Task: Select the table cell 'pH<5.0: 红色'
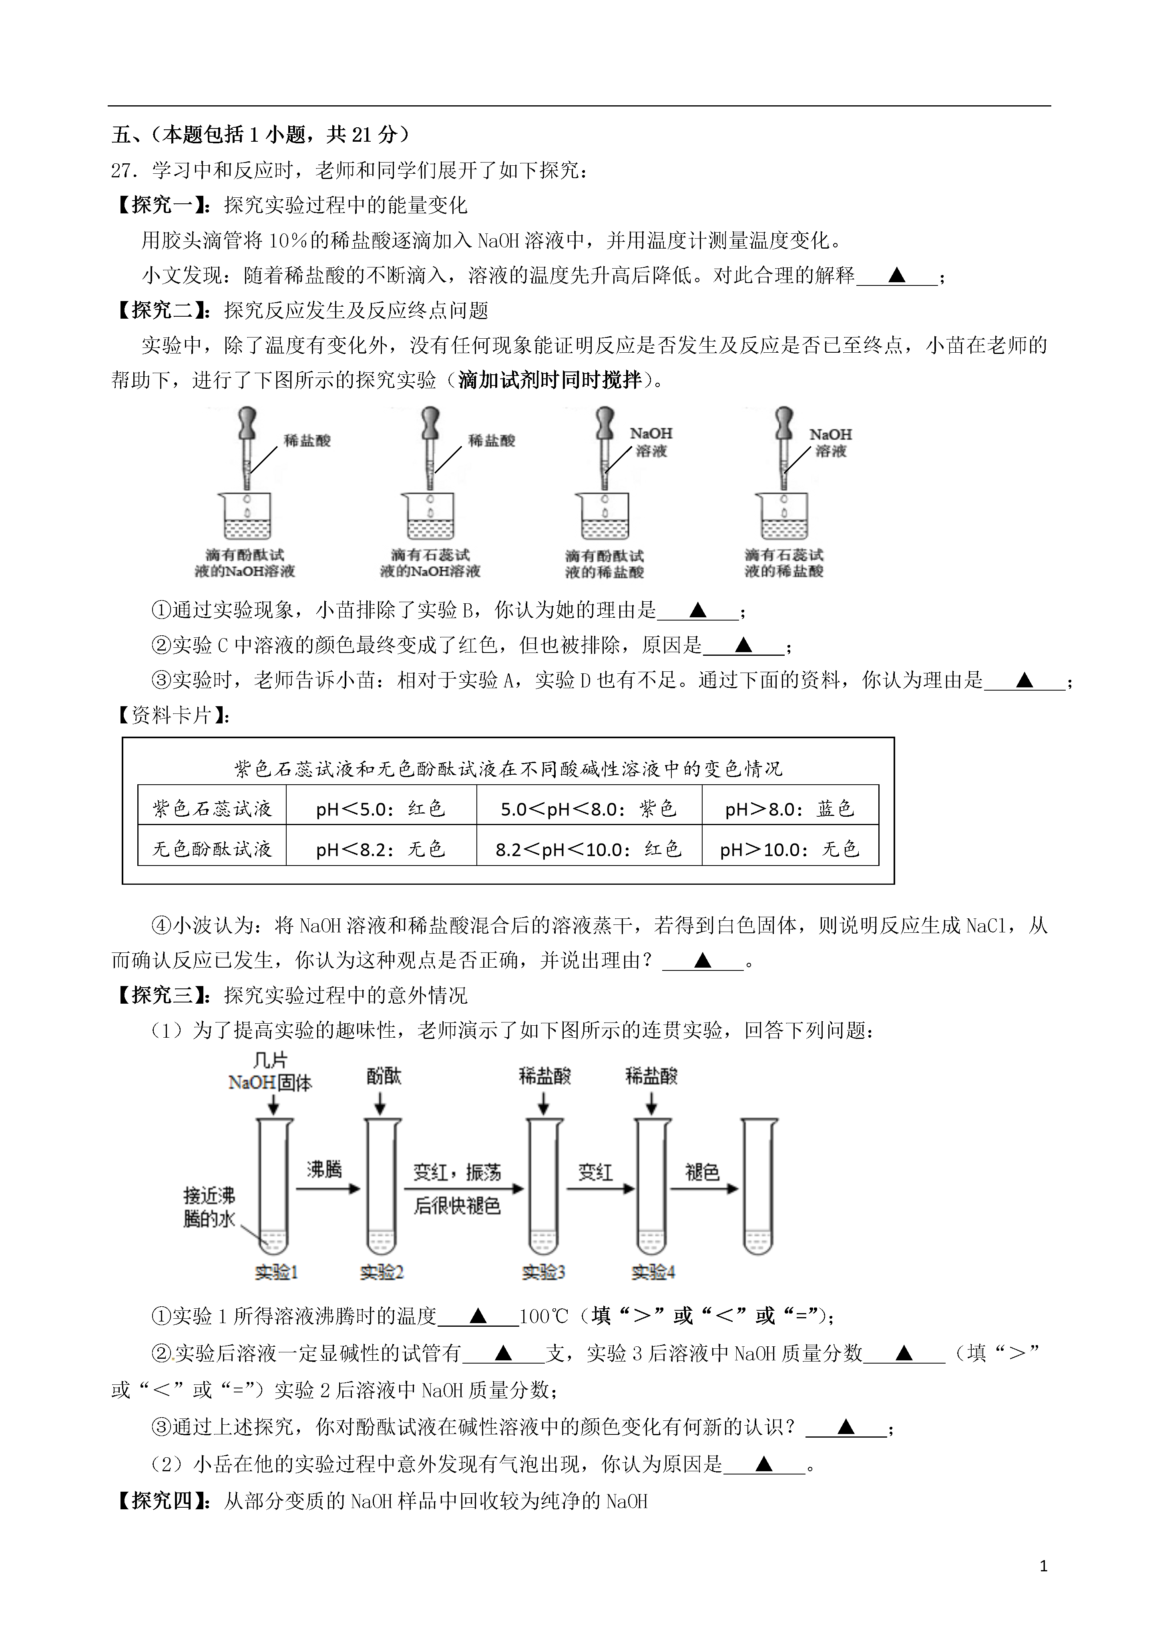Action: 381,809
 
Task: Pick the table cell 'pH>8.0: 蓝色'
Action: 790,809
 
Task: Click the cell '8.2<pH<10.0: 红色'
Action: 589,849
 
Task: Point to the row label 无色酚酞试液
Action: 212,849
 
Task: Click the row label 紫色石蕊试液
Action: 212,809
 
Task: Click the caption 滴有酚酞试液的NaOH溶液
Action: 245,563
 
